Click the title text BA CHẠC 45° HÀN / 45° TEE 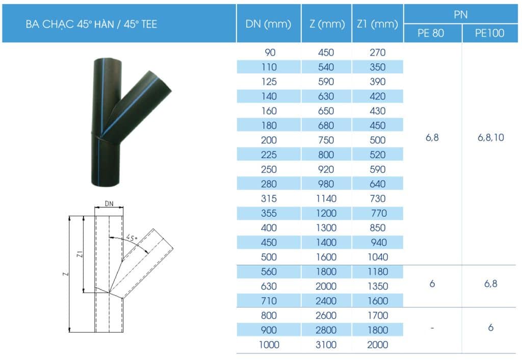[x=91, y=24]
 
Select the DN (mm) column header [x=268, y=24]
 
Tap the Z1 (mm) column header [x=377, y=24]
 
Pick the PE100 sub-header [x=489, y=34]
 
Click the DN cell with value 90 [x=268, y=52]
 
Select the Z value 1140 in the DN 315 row [x=326, y=198]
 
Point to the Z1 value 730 [x=377, y=198]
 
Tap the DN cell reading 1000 [x=269, y=345]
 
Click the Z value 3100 [x=326, y=345]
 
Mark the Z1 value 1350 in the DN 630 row [x=377, y=286]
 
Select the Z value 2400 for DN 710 [x=326, y=301]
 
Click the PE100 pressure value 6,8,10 [x=490, y=138]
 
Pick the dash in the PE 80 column [x=432, y=328]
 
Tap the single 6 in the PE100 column [x=490, y=328]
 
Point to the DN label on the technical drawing [x=109, y=203]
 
